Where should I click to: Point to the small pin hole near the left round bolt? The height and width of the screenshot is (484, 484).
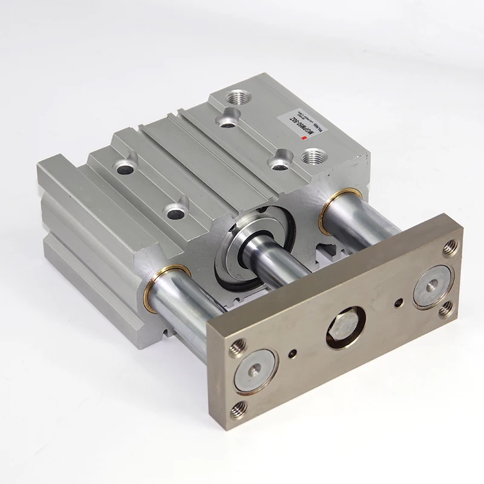coord(292,355)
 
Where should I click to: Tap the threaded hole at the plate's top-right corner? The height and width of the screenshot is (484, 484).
coord(450,247)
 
